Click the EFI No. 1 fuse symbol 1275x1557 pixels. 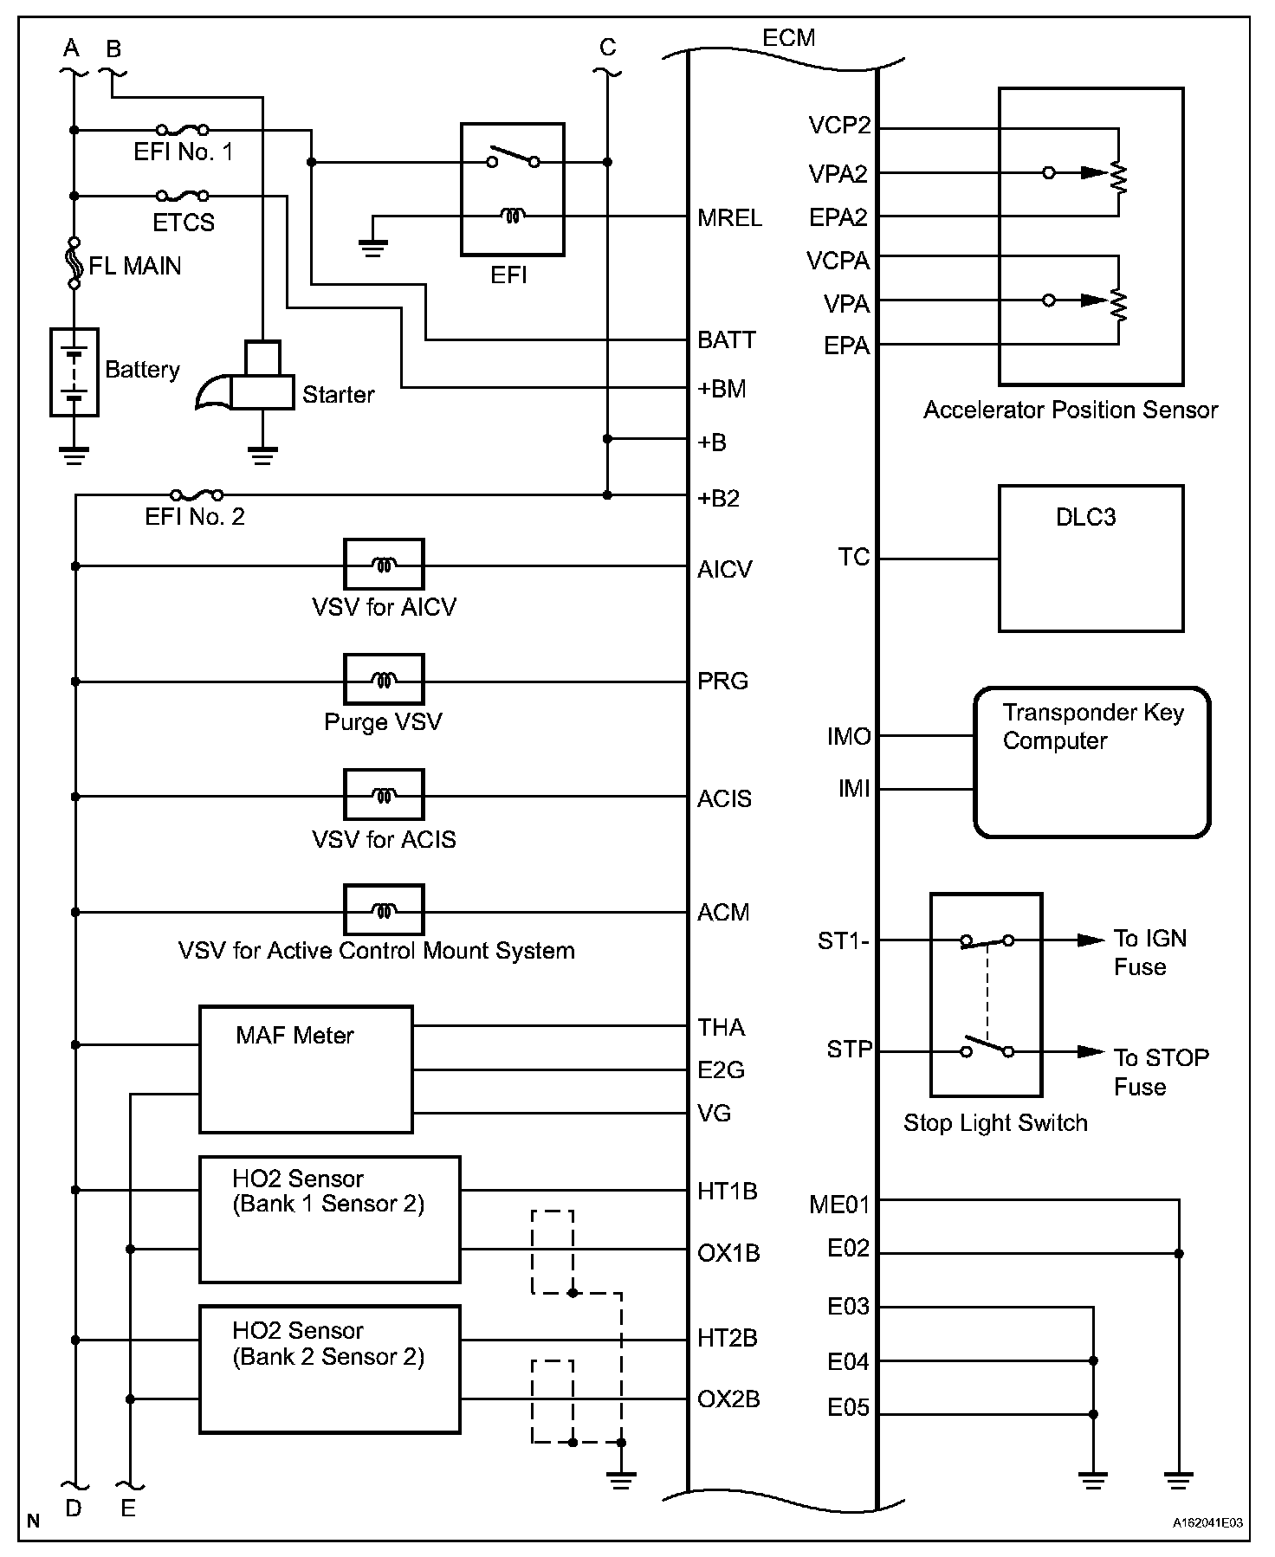click(x=184, y=130)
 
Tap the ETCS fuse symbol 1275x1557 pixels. click(x=184, y=196)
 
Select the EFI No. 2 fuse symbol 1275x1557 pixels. click(x=197, y=495)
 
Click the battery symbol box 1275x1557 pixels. click(x=74, y=372)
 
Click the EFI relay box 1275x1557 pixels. click(x=512, y=190)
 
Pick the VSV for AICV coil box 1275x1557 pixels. click(x=384, y=565)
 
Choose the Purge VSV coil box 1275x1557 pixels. click(x=384, y=680)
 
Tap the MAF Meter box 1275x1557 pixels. click(x=306, y=1069)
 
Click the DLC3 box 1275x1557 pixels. click(x=1091, y=559)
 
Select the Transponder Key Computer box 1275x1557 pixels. click(x=1091, y=762)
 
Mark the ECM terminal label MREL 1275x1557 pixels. click(x=729, y=218)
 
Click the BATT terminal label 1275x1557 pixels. click(x=727, y=340)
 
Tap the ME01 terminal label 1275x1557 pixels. click(x=838, y=1205)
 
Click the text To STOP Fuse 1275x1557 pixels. click(x=1160, y=1072)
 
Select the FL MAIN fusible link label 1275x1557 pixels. click(x=135, y=266)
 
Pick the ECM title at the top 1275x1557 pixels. click(x=788, y=38)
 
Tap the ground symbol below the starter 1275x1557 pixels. click(x=262, y=454)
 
